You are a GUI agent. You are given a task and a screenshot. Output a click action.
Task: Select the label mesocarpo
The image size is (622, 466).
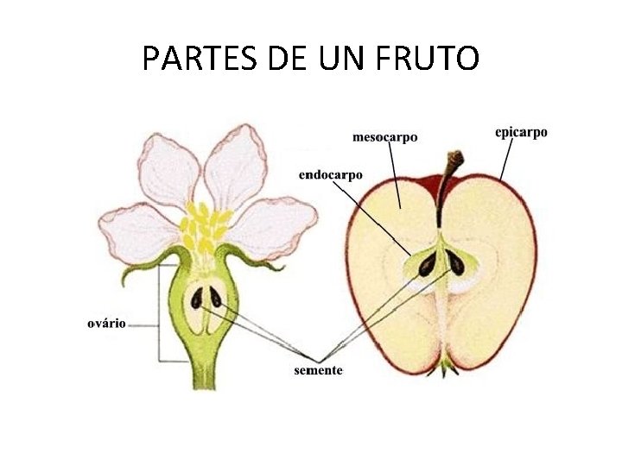click(x=384, y=136)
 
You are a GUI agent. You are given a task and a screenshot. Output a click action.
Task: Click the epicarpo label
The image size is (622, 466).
click(x=521, y=132)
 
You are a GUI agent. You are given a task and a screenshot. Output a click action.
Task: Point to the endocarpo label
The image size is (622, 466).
click(x=330, y=174)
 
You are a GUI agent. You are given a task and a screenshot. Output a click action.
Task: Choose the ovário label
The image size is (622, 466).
click(x=107, y=324)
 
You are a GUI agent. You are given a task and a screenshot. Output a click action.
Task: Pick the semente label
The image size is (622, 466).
click(x=318, y=370)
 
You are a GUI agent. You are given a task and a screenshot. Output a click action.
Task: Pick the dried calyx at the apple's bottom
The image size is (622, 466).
click(x=447, y=366)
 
